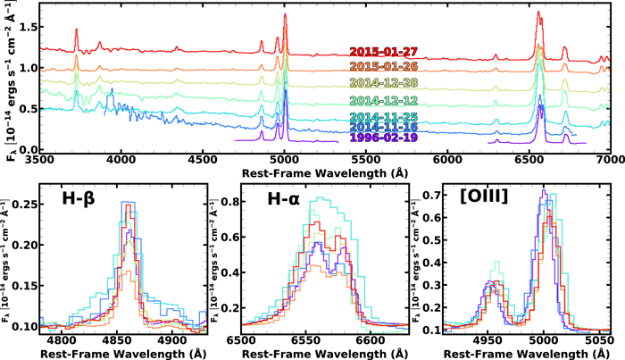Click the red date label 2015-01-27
point(383,52)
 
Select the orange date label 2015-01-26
point(383,66)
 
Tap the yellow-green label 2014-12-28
point(383,82)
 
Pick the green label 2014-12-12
point(383,100)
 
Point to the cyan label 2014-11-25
point(383,117)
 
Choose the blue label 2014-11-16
point(383,127)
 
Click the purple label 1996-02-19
point(383,138)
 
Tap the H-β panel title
point(79,197)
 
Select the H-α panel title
point(283,198)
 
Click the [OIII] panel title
point(484,196)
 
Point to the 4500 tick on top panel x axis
point(203,160)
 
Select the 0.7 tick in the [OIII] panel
point(431,195)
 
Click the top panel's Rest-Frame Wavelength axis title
point(325,173)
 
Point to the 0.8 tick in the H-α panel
point(230,201)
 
